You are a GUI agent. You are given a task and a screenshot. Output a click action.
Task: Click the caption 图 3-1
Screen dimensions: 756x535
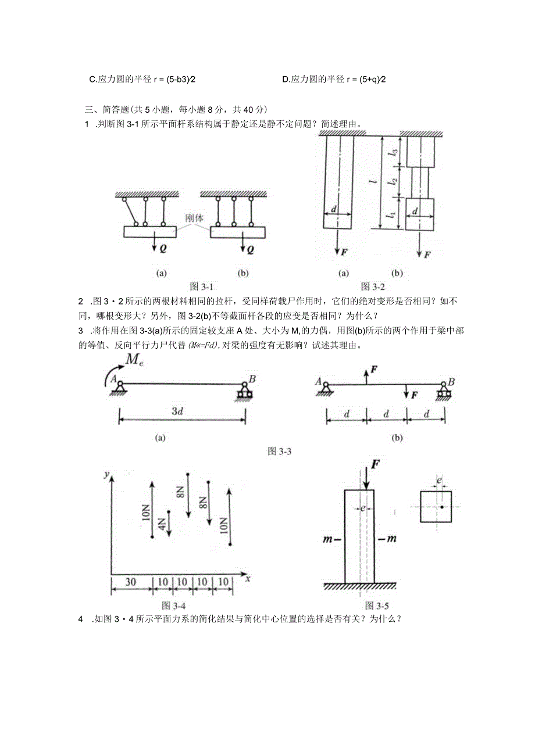tap(202, 286)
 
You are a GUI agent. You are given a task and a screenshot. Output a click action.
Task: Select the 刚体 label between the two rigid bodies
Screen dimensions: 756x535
tap(194, 219)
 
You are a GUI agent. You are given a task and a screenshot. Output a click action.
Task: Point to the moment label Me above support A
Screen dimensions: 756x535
tap(134, 361)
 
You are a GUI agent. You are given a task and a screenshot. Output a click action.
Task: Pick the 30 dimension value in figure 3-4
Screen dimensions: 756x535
tap(131, 582)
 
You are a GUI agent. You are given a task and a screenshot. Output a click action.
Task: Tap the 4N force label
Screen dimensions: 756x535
tap(163, 525)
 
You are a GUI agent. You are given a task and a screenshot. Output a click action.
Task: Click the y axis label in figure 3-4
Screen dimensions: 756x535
tap(106, 475)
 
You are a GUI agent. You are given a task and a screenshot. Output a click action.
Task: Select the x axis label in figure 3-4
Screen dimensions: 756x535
tap(247, 578)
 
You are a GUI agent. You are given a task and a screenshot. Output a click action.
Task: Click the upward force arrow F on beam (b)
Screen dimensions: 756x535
tap(366, 375)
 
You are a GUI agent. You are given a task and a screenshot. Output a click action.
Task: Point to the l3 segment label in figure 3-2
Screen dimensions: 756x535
tap(394, 152)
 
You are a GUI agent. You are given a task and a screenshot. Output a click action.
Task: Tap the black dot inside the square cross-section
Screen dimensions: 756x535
tap(442, 507)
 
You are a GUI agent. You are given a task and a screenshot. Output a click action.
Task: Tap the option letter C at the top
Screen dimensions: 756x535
tap(92, 80)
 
